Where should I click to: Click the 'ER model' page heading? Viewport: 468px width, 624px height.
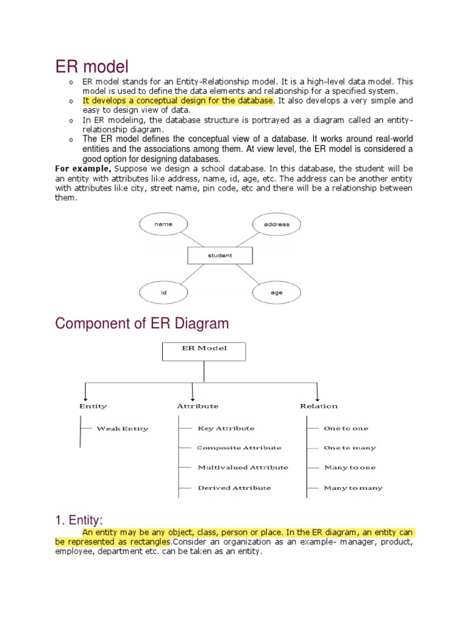[92, 65]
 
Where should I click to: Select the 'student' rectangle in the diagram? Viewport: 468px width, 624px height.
[219, 255]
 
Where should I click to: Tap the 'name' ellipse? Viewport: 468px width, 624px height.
[163, 224]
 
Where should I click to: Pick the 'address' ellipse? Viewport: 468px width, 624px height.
[277, 224]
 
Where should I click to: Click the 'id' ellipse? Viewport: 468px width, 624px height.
[163, 293]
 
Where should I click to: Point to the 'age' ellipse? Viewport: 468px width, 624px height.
[277, 293]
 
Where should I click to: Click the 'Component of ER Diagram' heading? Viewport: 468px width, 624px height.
[142, 324]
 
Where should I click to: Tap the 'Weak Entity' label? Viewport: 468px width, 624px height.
[122, 428]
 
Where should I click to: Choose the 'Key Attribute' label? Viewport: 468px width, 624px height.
[226, 428]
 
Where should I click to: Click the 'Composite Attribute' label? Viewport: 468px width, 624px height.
[239, 448]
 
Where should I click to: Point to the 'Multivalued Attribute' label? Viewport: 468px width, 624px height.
[243, 467]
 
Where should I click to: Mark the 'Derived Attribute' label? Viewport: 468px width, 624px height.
[235, 487]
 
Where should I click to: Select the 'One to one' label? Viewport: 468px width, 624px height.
[346, 428]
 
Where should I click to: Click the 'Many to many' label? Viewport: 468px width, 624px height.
[353, 487]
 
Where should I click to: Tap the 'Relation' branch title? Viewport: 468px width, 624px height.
[319, 406]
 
